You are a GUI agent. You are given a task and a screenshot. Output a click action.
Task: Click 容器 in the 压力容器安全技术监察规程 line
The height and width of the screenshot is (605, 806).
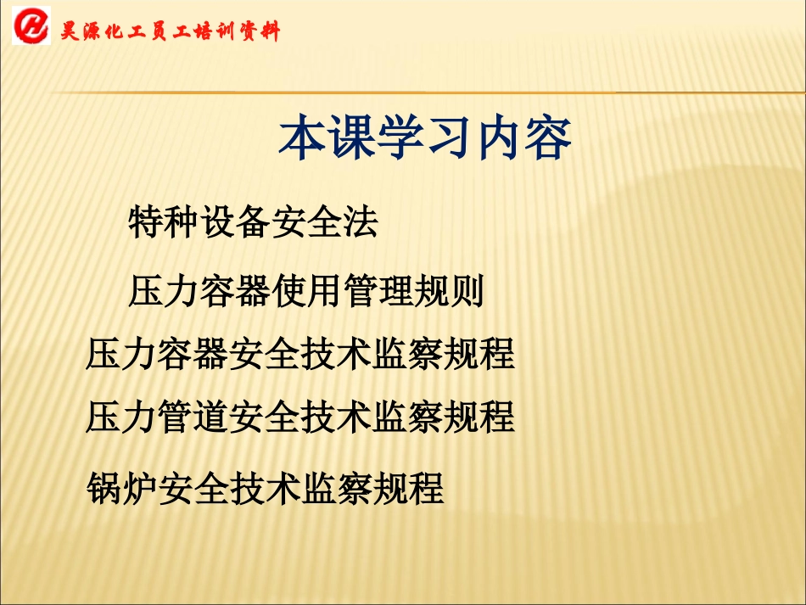[x=193, y=354]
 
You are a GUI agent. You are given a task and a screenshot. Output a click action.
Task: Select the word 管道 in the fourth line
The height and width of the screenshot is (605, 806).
[x=193, y=417]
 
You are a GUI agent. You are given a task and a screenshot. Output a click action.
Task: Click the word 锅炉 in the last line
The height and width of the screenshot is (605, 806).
[x=121, y=489]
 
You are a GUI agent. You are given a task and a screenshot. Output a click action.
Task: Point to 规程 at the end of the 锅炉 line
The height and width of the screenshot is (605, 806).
[x=408, y=489]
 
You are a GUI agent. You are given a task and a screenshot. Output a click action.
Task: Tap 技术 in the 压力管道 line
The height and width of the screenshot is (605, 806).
[x=336, y=417]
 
